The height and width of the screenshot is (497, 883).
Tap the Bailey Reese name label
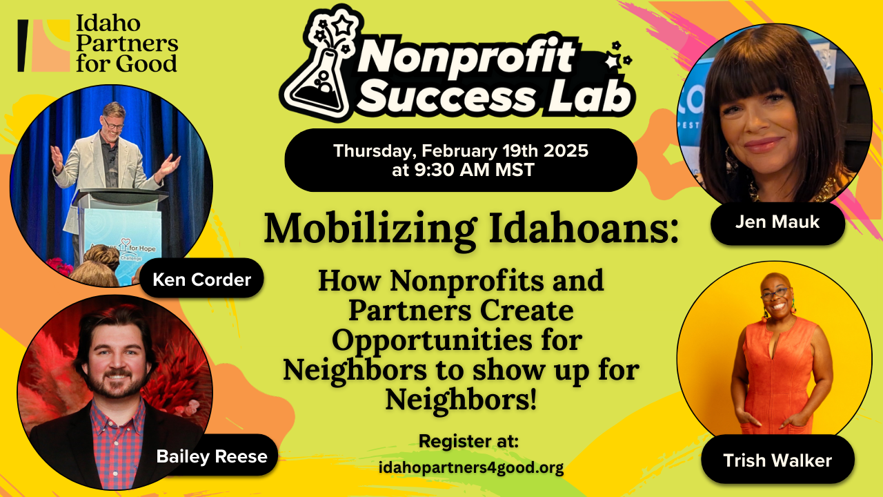211,456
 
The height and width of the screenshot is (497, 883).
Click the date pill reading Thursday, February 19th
460,159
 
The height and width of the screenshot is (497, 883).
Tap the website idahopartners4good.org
471,468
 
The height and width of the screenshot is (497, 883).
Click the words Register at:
468,441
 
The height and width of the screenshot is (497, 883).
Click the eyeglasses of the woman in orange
775,293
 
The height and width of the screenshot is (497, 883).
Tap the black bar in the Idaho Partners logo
23,46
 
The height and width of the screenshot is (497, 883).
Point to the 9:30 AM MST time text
463,170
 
